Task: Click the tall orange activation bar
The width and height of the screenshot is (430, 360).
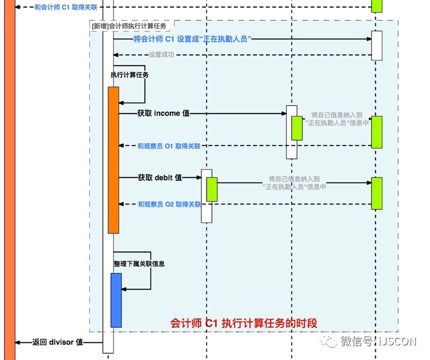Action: [x=113, y=160]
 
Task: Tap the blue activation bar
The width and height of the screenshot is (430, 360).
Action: [x=116, y=300]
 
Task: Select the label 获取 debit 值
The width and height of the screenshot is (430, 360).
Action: [x=160, y=178]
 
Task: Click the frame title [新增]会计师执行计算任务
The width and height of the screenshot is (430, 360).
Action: [x=129, y=25]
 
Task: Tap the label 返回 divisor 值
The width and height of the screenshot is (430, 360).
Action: [x=58, y=342]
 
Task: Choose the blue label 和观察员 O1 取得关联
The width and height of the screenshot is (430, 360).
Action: [x=169, y=146]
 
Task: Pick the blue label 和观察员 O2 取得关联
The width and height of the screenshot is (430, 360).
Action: [x=169, y=204]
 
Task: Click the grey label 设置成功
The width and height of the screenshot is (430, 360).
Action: [x=161, y=55]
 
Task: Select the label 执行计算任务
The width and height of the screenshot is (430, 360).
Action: [x=129, y=75]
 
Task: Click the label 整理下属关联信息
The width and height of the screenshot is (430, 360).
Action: [x=139, y=264]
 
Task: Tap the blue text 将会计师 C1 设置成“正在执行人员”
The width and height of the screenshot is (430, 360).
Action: [x=192, y=39]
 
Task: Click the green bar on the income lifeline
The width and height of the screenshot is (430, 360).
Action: [x=297, y=128]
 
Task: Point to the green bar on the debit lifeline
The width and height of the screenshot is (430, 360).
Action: [x=212, y=189]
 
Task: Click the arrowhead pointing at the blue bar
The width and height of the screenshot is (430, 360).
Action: [x=125, y=290]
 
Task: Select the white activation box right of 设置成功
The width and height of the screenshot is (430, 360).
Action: [x=376, y=46]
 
